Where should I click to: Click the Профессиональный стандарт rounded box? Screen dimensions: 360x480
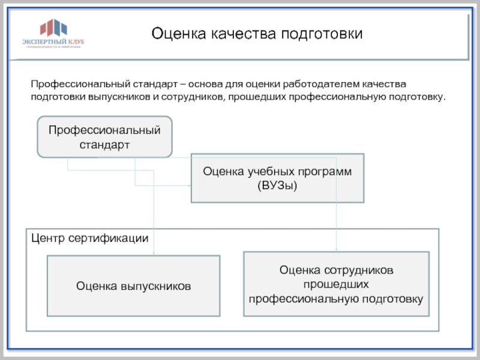click(x=105, y=137)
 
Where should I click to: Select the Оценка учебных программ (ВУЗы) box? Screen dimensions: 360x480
click(x=277, y=178)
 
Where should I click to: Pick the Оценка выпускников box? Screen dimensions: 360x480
click(x=133, y=286)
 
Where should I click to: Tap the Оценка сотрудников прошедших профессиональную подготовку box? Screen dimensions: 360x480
click(x=336, y=284)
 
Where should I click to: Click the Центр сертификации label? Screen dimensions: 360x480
click(x=89, y=238)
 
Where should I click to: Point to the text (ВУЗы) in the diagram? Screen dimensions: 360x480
click(x=277, y=186)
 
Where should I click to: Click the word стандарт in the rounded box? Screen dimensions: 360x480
click(x=105, y=145)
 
